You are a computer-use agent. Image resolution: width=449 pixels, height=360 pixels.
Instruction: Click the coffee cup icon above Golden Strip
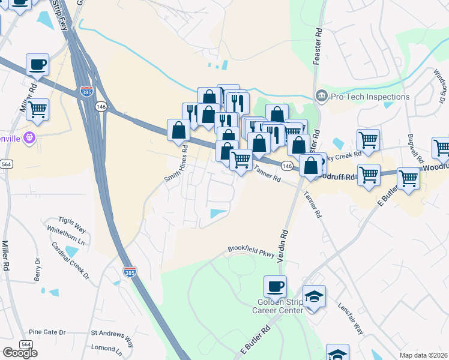click(275, 286)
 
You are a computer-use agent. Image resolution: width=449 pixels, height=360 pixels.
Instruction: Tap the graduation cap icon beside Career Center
click(314, 296)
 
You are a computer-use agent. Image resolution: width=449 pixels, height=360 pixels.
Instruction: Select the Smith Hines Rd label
click(181, 169)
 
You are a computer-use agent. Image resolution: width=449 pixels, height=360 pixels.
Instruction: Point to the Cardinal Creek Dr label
click(70, 260)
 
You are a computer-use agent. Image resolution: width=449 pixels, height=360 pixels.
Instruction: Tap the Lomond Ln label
click(106, 347)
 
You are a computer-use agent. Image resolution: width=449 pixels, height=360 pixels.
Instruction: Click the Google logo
click(20, 353)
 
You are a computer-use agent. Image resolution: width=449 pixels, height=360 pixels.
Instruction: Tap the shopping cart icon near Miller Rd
click(37, 110)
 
